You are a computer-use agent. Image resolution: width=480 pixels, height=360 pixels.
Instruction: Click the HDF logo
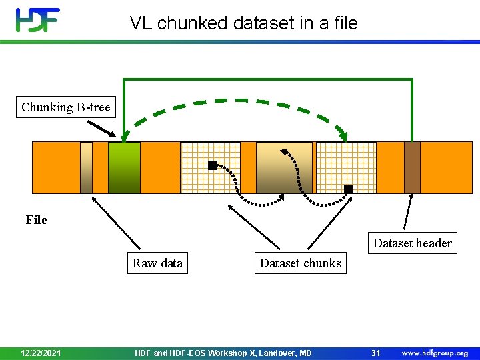(38, 20)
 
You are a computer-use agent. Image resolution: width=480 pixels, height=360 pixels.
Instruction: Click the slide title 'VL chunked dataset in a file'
(244, 23)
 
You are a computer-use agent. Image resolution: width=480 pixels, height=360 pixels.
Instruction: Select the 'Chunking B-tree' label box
(65, 107)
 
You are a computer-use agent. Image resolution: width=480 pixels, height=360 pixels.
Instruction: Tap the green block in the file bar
(124, 167)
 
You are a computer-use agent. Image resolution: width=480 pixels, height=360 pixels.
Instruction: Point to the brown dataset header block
(412, 167)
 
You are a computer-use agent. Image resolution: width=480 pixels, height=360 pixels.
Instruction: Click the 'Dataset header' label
(412, 243)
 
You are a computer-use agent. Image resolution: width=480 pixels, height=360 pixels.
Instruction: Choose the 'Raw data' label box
(157, 263)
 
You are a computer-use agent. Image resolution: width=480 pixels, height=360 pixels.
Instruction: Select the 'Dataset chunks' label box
(300, 263)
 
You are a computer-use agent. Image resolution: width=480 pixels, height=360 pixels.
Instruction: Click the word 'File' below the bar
(37, 220)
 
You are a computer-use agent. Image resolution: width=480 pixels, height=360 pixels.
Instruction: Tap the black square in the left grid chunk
(212, 165)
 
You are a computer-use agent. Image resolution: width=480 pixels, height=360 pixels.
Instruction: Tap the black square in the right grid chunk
(348, 189)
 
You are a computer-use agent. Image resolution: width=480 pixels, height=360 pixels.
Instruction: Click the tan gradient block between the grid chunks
(284, 167)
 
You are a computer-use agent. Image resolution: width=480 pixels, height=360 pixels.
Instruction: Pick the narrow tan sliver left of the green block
(86, 167)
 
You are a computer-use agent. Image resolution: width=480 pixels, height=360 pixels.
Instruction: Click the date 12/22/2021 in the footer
(41, 353)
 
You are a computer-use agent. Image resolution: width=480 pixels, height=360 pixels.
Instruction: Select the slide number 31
(375, 353)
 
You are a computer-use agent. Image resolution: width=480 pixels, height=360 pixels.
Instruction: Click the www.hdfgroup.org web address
(435, 353)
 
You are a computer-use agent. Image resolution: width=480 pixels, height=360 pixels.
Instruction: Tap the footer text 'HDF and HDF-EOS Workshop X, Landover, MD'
(223, 353)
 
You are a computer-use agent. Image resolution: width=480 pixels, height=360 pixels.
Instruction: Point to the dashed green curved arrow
(237, 101)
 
